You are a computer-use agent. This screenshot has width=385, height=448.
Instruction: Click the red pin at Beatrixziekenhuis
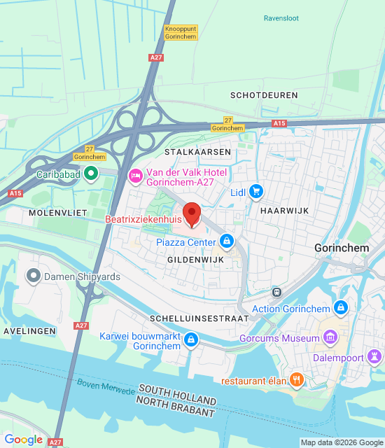(x=192, y=213)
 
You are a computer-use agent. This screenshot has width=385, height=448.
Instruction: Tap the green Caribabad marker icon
(x=90, y=174)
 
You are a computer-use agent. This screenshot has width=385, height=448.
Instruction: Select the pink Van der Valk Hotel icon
(x=135, y=175)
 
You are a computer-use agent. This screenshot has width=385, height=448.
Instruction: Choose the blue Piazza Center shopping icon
(x=226, y=242)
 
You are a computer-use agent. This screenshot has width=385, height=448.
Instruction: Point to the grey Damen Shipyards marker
(x=33, y=276)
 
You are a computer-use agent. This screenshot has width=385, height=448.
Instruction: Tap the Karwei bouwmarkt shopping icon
(x=191, y=340)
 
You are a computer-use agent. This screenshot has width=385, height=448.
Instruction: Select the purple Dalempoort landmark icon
(x=375, y=357)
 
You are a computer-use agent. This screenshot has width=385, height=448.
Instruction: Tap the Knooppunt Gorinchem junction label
(x=181, y=32)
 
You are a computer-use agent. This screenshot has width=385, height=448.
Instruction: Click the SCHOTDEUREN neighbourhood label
(x=264, y=94)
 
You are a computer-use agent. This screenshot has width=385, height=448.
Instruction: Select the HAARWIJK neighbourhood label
(x=283, y=209)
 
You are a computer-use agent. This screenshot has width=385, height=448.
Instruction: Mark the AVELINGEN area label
(x=24, y=330)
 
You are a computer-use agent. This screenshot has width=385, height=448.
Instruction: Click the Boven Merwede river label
(x=106, y=386)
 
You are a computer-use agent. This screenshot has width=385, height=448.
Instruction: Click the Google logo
(x=23, y=440)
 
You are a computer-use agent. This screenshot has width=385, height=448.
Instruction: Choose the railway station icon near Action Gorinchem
(x=276, y=292)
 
